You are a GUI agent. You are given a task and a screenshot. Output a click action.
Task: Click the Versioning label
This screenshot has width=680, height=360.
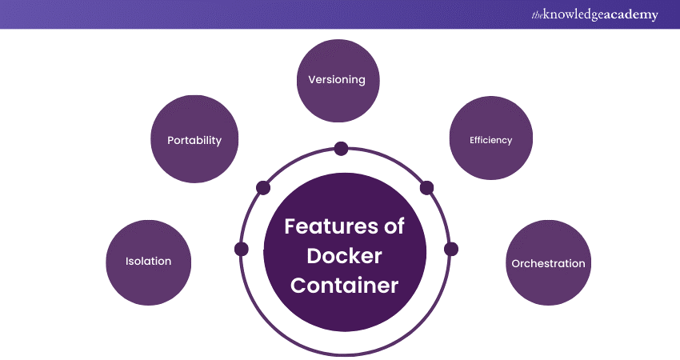pyautogui.click(x=337, y=80)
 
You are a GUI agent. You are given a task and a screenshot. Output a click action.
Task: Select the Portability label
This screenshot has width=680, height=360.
pyautogui.click(x=194, y=140)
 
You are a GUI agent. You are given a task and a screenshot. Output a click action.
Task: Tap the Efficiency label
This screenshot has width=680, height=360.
pyautogui.click(x=490, y=140)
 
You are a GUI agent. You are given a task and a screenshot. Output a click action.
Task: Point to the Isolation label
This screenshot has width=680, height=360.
pyautogui.click(x=148, y=261)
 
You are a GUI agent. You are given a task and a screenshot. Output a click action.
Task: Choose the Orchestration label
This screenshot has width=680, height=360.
pyautogui.click(x=548, y=263)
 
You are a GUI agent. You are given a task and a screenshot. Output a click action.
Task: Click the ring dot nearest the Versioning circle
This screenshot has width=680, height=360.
pyautogui.click(x=341, y=148)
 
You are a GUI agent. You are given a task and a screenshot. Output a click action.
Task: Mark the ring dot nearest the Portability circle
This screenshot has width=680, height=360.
pyautogui.click(x=262, y=188)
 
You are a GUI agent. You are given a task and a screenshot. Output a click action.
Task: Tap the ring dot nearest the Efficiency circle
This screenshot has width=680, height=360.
pyautogui.click(x=426, y=188)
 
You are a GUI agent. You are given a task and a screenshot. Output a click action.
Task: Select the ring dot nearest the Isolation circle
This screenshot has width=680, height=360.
pyautogui.click(x=242, y=249)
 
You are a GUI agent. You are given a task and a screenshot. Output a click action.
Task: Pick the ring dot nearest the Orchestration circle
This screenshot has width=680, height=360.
pyautogui.click(x=450, y=249)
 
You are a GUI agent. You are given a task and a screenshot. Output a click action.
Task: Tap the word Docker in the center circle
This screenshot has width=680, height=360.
pyautogui.click(x=345, y=256)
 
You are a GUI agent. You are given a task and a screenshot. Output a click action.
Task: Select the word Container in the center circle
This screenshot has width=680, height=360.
pyautogui.click(x=345, y=286)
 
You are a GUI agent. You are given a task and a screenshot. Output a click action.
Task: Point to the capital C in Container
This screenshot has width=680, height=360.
pyautogui.click(x=298, y=286)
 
